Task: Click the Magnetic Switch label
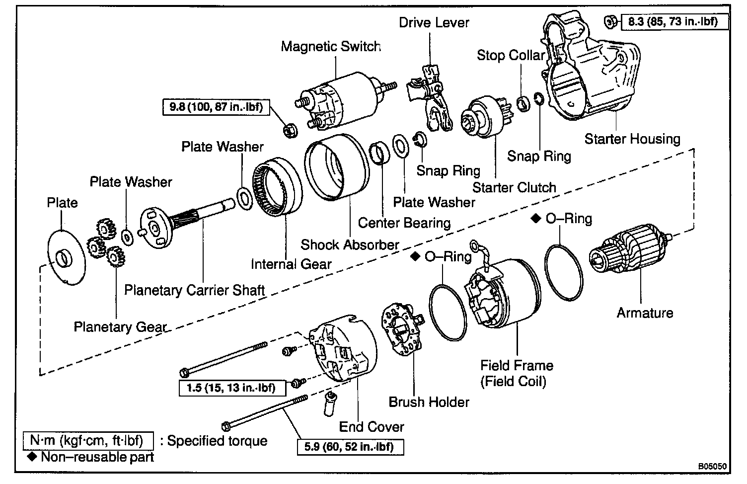tap(331, 46)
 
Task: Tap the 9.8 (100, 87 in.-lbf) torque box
tap(216, 107)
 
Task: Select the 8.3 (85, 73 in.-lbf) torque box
tap(674, 22)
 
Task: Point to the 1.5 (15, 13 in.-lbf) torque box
tap(232, 388)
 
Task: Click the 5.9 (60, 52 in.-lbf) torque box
tap(350, 447)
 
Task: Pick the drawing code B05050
tap(712, 466)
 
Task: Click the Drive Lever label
tap(434, 23)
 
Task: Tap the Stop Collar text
tap(511, 55)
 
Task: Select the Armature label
tap(645, 313)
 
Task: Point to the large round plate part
tap(67, 257)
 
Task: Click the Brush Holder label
tap(429, 402)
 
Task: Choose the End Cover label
tap(372, 427)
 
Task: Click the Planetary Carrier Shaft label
tap(194, 290)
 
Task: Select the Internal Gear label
tap(291, 264)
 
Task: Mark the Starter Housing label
tap(632, 139)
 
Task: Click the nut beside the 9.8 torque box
tap(290, 130)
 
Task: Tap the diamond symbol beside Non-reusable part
tap(32, 457)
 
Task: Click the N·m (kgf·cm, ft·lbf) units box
tap(88, 441)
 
